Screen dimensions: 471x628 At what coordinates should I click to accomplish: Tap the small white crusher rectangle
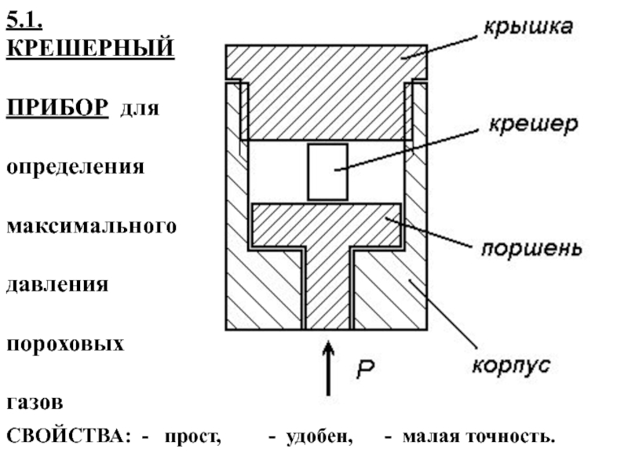tap(327, 171)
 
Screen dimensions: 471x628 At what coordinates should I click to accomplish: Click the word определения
tap(76, 167)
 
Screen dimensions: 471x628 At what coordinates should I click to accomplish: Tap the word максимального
tap(91, 226)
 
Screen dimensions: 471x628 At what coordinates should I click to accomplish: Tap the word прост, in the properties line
tap(193, 436)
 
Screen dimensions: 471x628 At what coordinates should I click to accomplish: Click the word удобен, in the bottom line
tap(319, 436)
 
